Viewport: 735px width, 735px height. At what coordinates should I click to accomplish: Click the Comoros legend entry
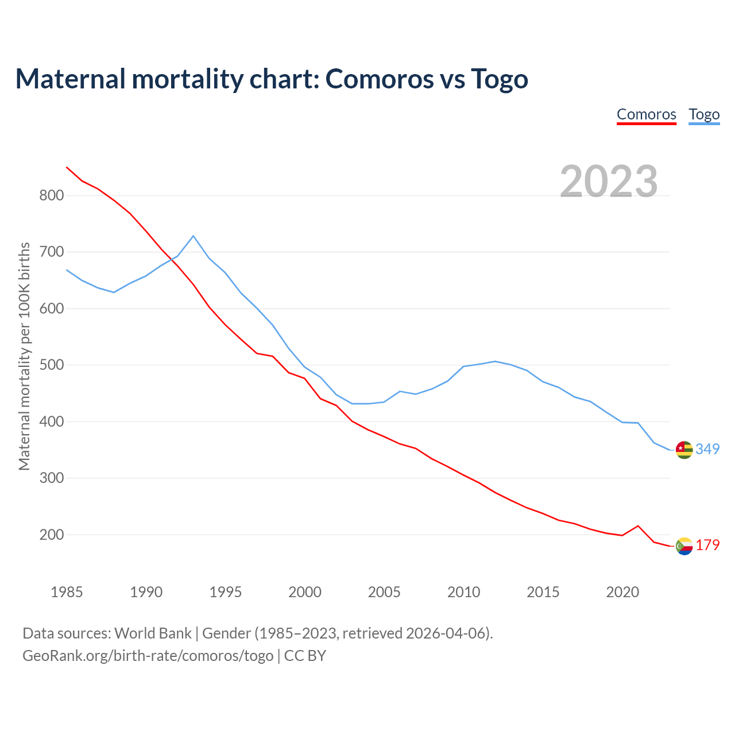click(646, 114)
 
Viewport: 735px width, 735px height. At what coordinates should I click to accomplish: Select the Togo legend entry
click(704, 114)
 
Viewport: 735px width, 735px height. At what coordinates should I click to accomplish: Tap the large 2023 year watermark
click(609, 181)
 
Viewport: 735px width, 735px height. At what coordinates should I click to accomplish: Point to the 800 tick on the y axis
click(51, 195)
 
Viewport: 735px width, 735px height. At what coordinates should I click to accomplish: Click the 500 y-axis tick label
click(51, 365)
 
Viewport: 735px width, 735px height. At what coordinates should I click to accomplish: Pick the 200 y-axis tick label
click(51, 535)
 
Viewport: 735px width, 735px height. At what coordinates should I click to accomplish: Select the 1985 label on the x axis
click(67, 592)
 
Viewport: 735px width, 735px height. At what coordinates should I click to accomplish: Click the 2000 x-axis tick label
click(305, 592)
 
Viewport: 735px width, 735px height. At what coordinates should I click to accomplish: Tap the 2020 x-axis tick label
click(622, 592)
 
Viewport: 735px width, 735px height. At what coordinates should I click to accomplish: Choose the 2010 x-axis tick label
click(463, 592)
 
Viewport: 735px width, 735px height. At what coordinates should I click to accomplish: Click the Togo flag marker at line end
click(684, 450)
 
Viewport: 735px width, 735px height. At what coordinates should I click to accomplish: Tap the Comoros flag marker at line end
click(684, 546)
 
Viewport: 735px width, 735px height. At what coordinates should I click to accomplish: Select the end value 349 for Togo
click(707, 449)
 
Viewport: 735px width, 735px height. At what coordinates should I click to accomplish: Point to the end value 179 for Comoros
click(707, 545)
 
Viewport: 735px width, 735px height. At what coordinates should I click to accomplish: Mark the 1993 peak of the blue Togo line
click(194, 236)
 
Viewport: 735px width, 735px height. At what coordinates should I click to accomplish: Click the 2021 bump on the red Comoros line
click(638, 525)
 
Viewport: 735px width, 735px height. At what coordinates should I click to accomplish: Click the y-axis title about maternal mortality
click(24, 356)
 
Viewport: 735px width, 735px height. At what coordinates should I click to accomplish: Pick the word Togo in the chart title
click(499, 79)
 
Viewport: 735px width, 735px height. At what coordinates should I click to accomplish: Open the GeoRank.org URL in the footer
click(148, 655)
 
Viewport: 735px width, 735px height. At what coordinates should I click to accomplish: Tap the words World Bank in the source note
click(153, 633)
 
